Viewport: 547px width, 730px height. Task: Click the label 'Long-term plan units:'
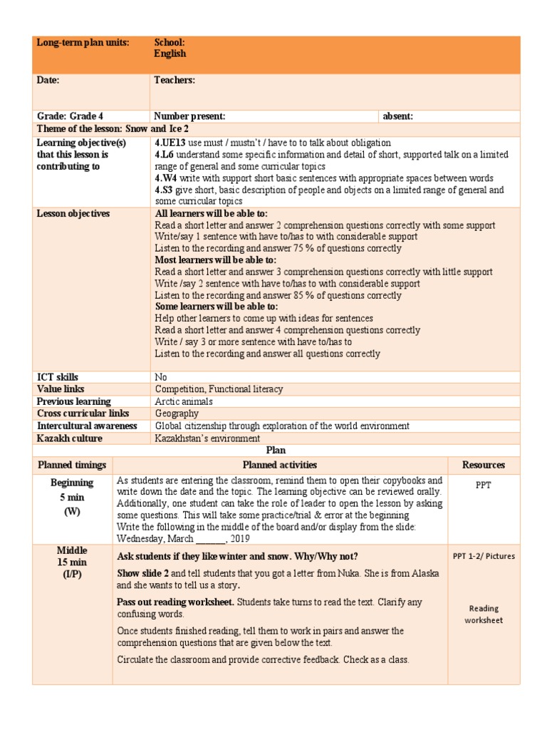click(83, 43)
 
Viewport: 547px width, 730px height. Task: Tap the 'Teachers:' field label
click(174, 81)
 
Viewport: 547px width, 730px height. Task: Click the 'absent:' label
click(398, 116)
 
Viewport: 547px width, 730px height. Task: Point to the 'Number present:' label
click(190, 116)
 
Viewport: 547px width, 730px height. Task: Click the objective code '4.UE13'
click(170, 143)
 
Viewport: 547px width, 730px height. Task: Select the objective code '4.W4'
click(166, 178)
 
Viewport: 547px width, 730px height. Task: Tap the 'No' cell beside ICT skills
click(161, 377)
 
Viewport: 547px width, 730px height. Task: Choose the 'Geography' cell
click(177, 413)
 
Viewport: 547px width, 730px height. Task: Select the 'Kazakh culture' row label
click(69, 438)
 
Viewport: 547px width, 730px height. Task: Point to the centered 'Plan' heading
click(276, 450)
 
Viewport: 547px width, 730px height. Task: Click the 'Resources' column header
click(484, 465)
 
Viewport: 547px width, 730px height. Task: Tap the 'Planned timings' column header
click(72, 465)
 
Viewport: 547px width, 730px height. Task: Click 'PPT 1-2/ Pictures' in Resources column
click(484, 556)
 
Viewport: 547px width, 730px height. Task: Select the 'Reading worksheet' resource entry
click(484, 615)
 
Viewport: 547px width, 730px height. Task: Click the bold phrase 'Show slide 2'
click(142, 574)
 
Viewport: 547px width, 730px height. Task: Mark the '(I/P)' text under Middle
click(72, 575)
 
